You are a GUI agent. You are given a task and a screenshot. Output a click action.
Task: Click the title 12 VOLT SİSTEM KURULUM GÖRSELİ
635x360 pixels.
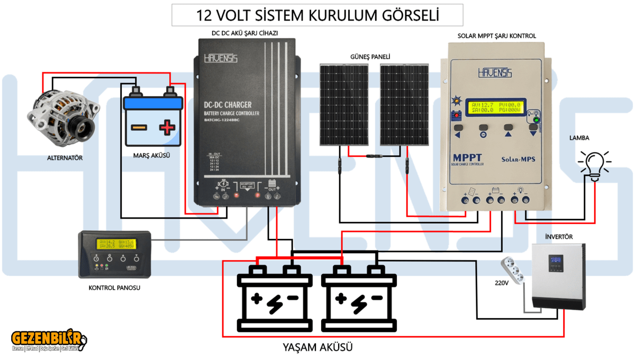[317, 15]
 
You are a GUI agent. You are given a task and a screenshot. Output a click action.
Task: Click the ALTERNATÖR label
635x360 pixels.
[65, 158]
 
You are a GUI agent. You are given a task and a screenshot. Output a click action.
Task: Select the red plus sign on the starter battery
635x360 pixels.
[167, 127]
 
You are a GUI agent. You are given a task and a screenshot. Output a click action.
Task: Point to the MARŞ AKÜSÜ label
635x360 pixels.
[155, 156]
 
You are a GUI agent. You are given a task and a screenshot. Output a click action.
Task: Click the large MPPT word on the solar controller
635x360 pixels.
[468, 158]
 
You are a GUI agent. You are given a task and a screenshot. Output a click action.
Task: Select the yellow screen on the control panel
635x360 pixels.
[116, 244]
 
